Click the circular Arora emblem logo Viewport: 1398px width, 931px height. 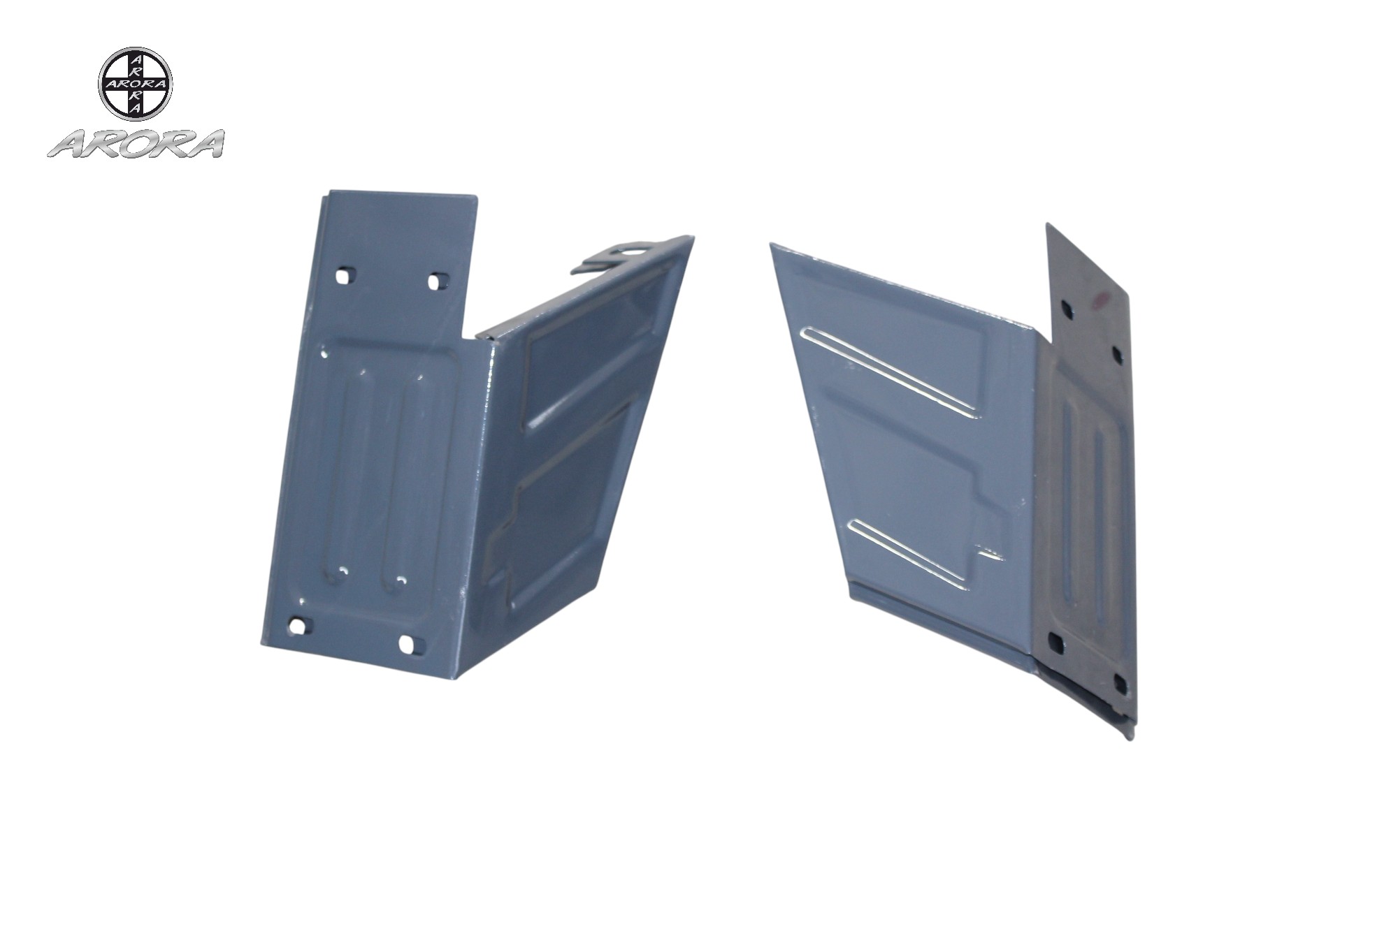[135, 84]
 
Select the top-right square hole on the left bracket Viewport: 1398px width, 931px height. [436, 281]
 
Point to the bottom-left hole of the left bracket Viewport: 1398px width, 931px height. [297, 626]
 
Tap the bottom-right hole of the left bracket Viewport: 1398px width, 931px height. [407, 643]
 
